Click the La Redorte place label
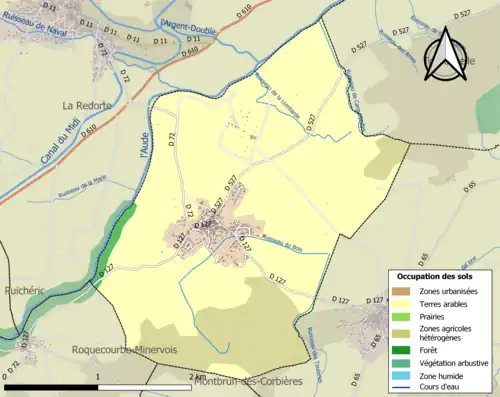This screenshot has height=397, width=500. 86,104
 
